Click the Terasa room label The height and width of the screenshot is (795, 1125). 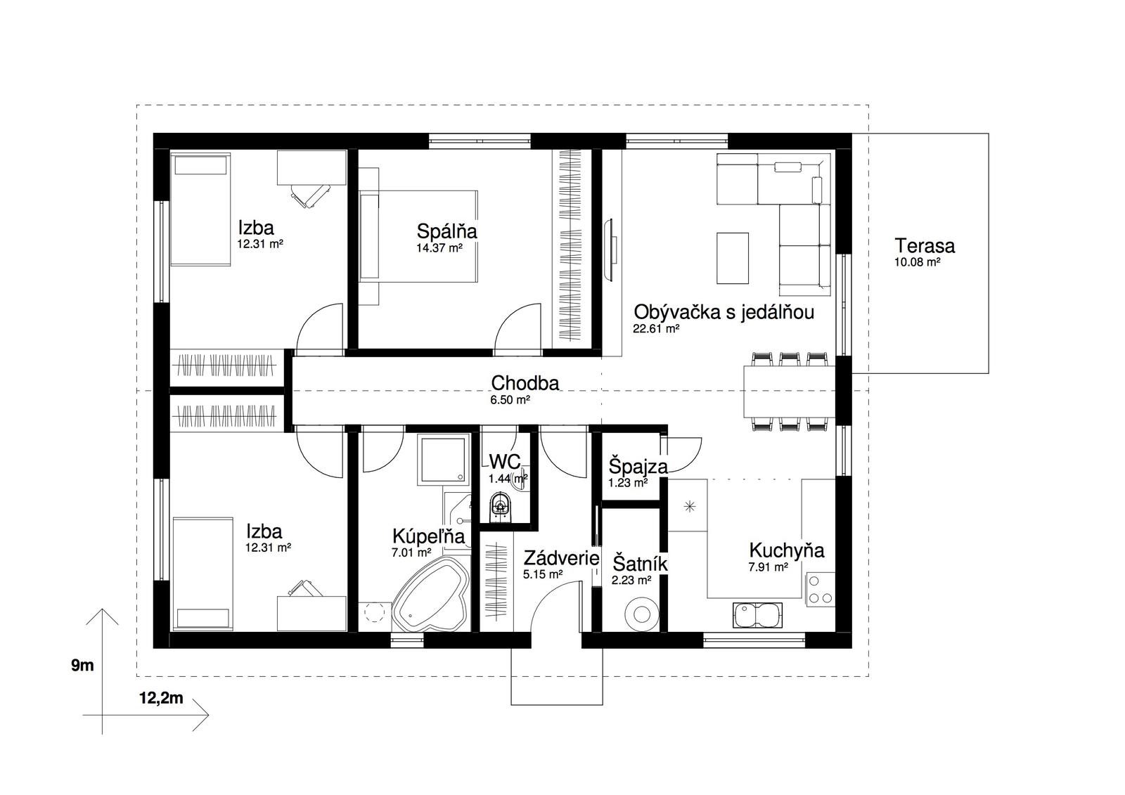[x=924, y=246]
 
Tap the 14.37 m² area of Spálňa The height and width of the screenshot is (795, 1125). [x=439, y=247]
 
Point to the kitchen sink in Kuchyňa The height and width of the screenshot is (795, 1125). [x=757, y=615]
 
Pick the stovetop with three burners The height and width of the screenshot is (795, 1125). [x=820, y=590]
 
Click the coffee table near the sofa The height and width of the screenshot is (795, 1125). [x=732, y=258]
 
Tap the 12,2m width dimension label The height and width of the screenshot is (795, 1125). [x=161, y=698]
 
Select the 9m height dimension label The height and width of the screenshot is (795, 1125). [x=82, y=666]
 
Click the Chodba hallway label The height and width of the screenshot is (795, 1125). [x=525, y=383]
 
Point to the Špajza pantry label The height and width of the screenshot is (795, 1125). [x=638, y=467]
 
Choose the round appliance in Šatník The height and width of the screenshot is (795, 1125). [x=641, y=614]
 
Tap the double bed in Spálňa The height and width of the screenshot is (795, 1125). [x=418, y=236]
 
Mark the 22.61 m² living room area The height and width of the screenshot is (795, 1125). [x=657, y=329]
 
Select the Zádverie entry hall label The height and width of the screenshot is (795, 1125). [x=561, y=558]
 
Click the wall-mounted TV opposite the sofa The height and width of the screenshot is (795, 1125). [x=610, y=249]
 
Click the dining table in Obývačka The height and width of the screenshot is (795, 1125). [x=789, y=392]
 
